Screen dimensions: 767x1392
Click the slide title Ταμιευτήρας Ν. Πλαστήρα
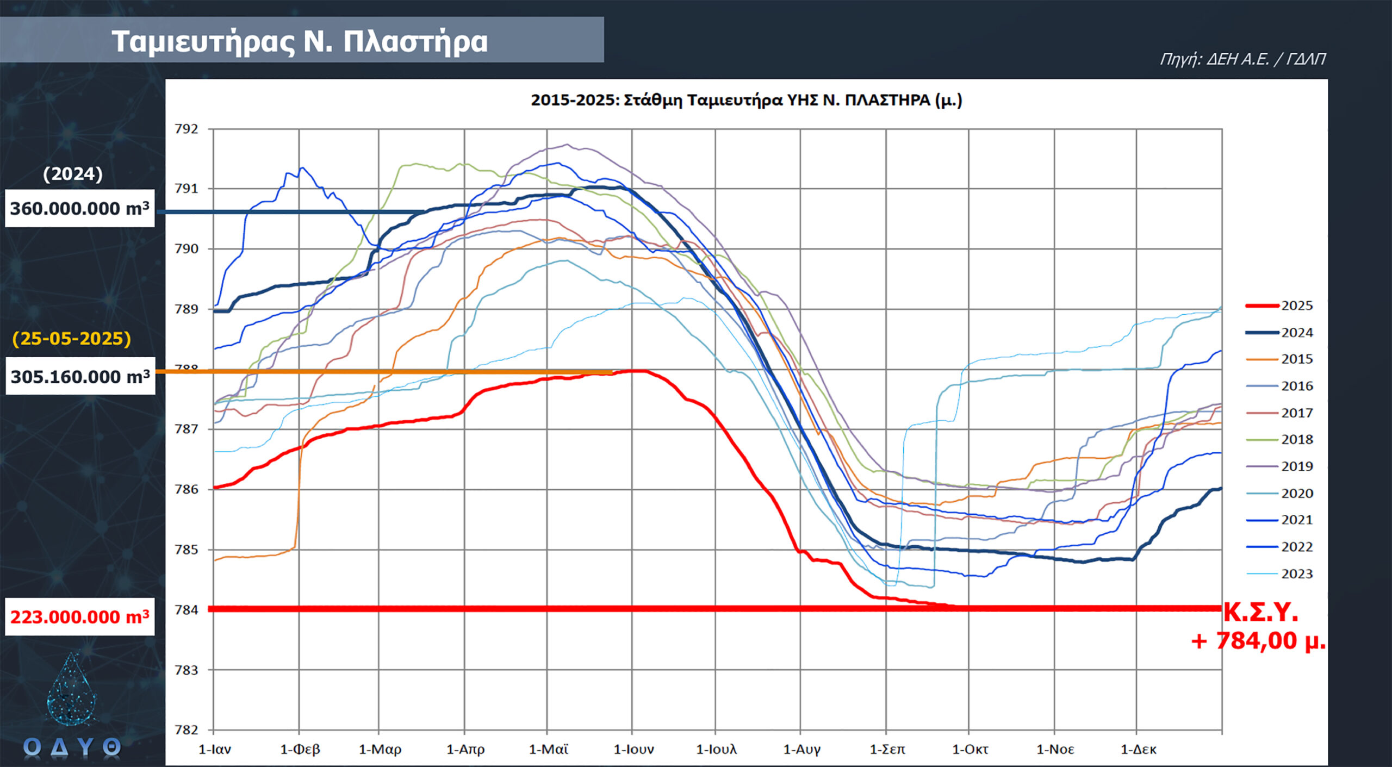tap(300, 41)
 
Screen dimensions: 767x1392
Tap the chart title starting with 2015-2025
tap(746, 101)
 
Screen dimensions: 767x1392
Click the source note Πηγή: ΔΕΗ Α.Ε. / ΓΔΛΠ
tap(1242, 59)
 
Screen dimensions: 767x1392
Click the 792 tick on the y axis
tap(187, 129)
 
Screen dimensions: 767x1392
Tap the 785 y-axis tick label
tap(187, 550)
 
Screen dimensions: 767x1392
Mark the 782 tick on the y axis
tap(187, 729)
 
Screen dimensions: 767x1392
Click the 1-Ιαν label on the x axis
tap(215, 750)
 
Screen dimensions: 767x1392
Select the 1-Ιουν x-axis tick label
tap(633, 750)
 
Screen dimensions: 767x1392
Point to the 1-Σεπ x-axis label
tap(887, 750)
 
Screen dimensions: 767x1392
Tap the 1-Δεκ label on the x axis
tap(1138, 750)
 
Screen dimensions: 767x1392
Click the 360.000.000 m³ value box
tap(80, 208)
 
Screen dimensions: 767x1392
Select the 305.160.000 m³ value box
tap(80, 376)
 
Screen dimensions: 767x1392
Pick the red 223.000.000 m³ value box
tap(80, 617)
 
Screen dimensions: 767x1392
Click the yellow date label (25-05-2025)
tap(72, 339)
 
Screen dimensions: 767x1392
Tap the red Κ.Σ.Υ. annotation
tap(1260, 613)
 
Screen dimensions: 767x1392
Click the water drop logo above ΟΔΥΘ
tap(72, 689)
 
